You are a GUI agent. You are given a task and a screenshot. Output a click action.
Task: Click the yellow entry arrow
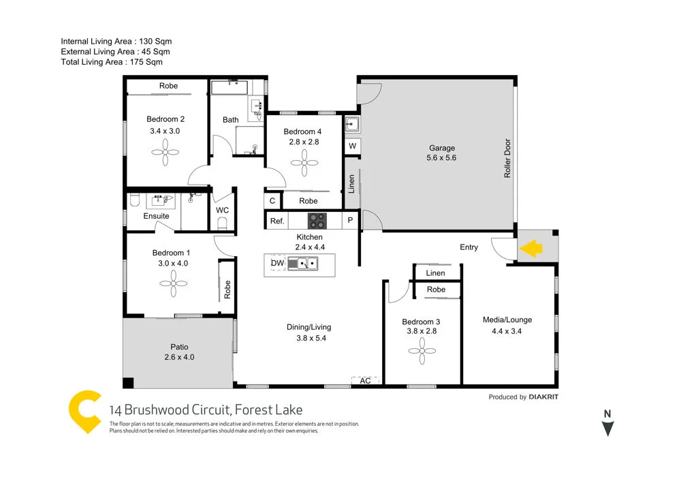530,249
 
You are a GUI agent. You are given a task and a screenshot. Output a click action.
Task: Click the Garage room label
441,148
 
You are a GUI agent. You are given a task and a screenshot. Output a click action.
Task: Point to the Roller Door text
507,159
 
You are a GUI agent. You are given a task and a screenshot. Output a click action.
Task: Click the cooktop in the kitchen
317,221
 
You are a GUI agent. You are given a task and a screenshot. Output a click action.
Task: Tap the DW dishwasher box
277,263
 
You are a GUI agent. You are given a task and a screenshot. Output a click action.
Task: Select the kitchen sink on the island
302,263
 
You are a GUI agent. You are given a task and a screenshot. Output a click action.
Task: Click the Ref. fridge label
276,221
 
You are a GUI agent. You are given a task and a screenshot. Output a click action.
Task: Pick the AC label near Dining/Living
365,381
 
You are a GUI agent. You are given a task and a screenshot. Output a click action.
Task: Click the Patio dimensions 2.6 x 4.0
179,356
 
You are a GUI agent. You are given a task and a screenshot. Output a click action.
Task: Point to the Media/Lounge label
507,320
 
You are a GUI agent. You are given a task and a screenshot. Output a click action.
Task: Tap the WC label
222,211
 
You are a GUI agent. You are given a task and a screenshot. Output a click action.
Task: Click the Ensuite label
156,216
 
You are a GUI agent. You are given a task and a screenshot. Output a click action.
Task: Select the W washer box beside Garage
352,146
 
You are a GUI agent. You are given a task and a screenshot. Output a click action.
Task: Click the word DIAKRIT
549,397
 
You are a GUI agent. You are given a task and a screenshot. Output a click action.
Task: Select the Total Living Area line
112,62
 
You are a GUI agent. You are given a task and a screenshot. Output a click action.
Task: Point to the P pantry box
351,221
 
